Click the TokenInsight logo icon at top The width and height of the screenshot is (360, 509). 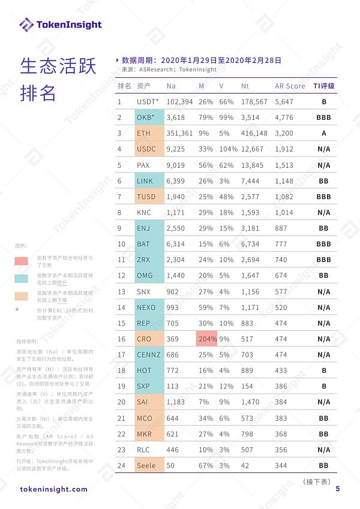26,25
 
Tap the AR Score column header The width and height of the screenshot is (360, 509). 290,86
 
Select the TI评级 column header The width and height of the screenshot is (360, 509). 323,86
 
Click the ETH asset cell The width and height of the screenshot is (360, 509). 144,133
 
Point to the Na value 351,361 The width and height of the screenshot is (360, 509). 180,133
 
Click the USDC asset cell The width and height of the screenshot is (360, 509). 146,149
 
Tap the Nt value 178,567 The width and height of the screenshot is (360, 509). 254,102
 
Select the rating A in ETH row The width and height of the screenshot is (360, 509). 323,133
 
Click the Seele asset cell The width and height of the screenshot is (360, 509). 146,465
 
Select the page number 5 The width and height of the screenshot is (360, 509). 338,489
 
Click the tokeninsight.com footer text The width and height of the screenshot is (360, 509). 53,489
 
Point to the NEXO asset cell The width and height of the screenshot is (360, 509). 146,307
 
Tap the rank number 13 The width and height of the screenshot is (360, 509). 122,291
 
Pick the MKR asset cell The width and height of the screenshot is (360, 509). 145,433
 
